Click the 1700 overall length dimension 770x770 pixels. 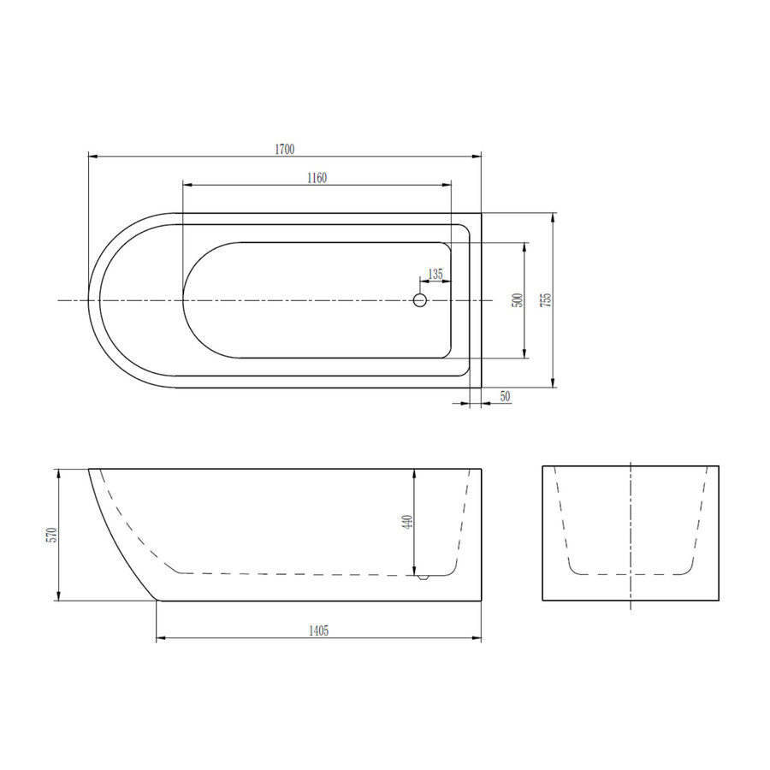point(285,149)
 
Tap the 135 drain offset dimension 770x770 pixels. point(435,274)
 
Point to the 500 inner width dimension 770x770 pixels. point(516,300)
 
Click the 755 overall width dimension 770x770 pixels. point(546,300)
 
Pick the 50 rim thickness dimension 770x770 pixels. point(504,396)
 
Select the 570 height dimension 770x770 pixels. point(51,535)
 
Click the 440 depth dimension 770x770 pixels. point(407,521)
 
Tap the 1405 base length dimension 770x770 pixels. point(318,631)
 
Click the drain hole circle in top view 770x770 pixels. point(419,300)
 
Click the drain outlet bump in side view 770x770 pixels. point(421,577)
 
